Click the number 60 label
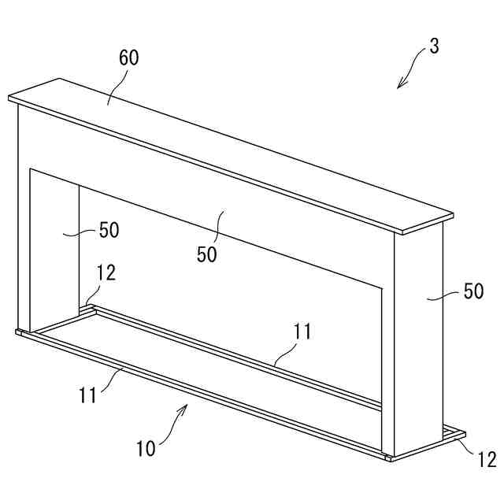click(x=129, y=57)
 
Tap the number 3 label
click(x=434, y=46)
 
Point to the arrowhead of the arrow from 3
click(x=400, y=86)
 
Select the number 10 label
click(x=146, y=450)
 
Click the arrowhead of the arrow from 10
click(x=187, y=406)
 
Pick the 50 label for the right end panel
click(x=473, y=291)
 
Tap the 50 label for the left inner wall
click(x=109, y=231)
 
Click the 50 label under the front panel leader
click(x=207, y=255)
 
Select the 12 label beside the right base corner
click(x=487, y=460)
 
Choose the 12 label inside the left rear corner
click(x=106, y=272)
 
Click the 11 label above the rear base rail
click(x=303, y=332)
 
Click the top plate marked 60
click(x=236, y=150)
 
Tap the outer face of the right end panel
click(x=417, y=339)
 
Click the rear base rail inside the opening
click(x=236, y=354)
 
